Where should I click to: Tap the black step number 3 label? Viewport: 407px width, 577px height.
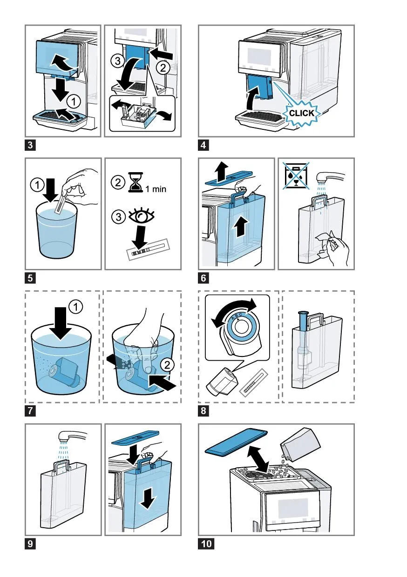(x=30, y=145)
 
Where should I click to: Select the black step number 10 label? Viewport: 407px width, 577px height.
(x=206, y=544)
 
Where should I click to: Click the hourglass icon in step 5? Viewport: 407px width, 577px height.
(x=136, y=182)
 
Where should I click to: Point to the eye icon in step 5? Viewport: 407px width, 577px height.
(x=141, y=216)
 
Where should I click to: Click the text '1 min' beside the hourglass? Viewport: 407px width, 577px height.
(x=156, y=189)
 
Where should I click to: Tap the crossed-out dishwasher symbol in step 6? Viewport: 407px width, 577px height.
(x=296, y=176)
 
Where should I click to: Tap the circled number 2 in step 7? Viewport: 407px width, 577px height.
(x=167, y=365)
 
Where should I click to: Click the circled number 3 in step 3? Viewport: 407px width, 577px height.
(x=117, y=61)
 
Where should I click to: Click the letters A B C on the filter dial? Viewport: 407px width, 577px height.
(x=237, y=316)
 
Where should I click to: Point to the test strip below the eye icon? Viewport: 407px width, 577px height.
(x=148, y=249)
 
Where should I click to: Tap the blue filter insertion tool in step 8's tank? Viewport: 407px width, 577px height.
(x=303, y=321)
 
